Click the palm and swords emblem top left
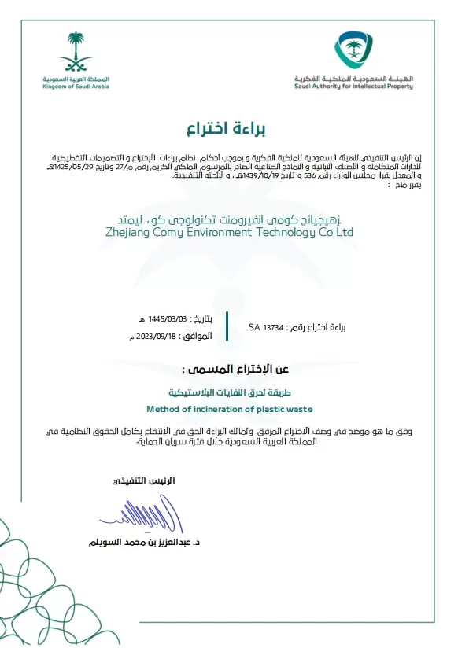point(76,52)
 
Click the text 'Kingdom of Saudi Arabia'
point(76,87)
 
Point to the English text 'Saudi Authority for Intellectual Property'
point(353,87)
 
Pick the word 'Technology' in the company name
point(296,233)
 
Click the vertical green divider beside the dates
point(226,326)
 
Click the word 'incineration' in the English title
point(213,409)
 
